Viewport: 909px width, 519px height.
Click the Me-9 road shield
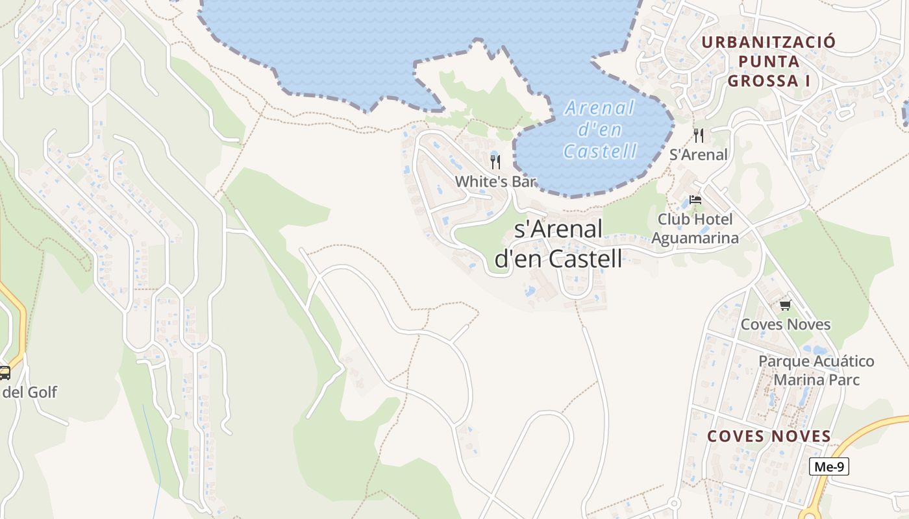[x=829, y=466]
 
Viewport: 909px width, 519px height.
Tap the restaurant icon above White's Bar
[x=495, y=162]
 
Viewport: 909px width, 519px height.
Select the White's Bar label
[x=495, y=181]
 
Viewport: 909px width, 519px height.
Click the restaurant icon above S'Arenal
[x=699, y=135]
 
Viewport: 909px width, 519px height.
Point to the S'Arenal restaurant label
[x=699, y=155]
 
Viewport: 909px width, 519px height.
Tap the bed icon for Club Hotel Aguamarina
[x=695, y=200]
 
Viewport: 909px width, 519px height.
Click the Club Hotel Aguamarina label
[x=695, y=228]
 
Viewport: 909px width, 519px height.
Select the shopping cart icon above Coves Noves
[x=785, y=305]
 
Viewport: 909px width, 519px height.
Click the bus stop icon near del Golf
[x=5, y=372]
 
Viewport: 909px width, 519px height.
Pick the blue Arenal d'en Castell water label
[x=600, y=130]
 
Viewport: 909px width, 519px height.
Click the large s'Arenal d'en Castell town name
[x=558, y=243]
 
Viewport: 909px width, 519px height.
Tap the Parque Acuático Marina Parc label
[x=817, y=370]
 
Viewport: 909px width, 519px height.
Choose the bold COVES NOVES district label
[x=769, y=436]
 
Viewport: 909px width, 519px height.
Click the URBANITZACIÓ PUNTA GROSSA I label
[x=769, y=62]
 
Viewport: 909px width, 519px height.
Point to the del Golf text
[x=30, y=392]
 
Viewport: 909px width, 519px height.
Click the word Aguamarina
[x=695, y=238]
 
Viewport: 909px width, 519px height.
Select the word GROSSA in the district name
[x=764, y=81]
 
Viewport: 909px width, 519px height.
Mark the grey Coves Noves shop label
[x=786, y=324]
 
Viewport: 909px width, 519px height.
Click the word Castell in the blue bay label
[x=600, y=151]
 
